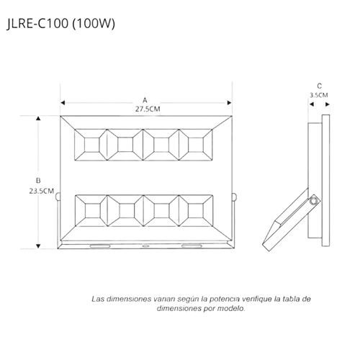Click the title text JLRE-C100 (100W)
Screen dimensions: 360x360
click(60, 24)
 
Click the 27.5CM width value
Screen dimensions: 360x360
click(148, 109)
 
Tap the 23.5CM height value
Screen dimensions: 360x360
click(42, 192)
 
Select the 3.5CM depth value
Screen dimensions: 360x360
click(319, 95)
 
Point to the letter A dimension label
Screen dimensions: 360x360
click(145, 100)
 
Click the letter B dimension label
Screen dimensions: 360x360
click(38, 181)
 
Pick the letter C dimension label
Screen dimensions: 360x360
click(319, 86)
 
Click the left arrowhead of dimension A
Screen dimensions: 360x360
click(63, 103)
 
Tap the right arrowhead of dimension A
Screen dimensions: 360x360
click(229, 103)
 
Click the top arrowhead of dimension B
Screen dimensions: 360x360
click(38, 118)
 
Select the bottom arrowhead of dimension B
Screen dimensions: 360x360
click(38, 246)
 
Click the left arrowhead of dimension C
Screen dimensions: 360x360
click(312, 104)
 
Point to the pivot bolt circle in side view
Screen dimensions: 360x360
click(314, 200)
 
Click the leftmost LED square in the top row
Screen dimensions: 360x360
click(91, 145)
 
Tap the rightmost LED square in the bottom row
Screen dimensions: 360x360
click(196, 211)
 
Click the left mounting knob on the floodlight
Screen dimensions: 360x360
click(58, 197)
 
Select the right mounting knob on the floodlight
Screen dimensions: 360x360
click(234, 197)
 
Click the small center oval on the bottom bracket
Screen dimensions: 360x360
click(145, 246)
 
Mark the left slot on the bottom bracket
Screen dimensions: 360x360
click(100, 246)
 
